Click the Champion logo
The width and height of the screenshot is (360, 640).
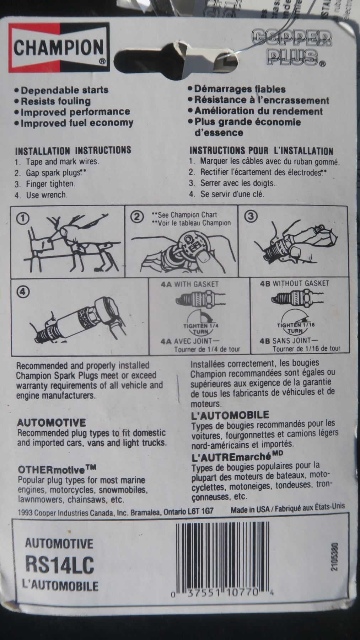tap(58, 48)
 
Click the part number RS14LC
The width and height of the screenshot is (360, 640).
tap(60, 565)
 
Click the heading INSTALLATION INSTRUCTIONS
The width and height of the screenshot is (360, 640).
tap(73, 150)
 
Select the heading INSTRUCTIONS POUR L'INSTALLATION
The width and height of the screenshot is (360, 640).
tap(261, 151)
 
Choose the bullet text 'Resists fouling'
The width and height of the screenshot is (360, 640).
tap(53, 101)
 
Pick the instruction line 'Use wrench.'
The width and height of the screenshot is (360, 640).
tap(41, 195)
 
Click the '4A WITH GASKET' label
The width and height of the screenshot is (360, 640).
tap(189, 284)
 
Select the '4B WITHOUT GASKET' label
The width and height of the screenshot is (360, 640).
tap(295, 283)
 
